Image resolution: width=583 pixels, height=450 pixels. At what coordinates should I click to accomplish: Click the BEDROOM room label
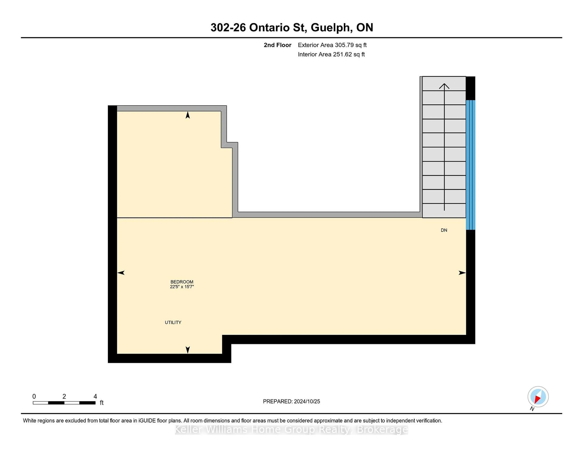[x=182, y=282]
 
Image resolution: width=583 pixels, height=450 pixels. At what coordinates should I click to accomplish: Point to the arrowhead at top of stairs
[x=444, y=86]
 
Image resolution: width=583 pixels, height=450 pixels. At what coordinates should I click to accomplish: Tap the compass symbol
[x=538, y=397]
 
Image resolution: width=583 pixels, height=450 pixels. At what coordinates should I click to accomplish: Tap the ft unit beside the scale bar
[x=101, y=403]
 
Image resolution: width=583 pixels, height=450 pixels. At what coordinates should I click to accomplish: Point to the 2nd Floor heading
[x=277, y=45]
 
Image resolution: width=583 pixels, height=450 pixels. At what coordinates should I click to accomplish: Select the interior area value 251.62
[x=342, y=54]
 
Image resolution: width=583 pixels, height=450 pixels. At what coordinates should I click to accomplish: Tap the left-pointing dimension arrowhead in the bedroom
[x=121, y=273]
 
